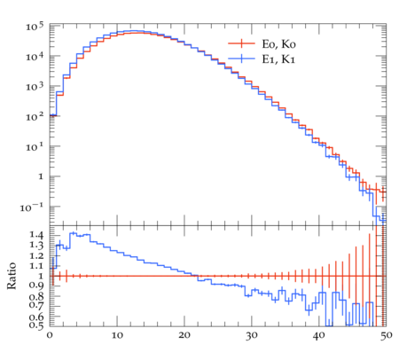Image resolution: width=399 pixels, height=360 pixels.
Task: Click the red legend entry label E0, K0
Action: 278,44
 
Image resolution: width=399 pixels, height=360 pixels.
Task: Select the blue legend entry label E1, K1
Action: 278,59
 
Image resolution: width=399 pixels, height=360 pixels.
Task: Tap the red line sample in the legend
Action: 241,43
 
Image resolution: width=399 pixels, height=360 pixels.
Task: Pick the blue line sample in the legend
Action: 241,59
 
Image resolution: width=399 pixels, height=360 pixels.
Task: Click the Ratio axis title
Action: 12,276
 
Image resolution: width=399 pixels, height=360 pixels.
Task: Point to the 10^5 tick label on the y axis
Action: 35,27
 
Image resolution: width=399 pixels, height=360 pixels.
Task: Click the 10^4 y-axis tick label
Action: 35,56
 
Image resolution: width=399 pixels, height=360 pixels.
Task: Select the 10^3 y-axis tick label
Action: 35,87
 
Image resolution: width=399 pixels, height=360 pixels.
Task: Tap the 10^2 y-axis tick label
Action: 35,117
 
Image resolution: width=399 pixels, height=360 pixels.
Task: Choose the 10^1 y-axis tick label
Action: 35,147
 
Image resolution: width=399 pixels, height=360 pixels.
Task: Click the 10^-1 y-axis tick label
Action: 32,207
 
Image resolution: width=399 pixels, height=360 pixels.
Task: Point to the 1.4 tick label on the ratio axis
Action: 36,235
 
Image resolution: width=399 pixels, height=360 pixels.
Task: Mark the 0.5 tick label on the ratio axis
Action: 36,325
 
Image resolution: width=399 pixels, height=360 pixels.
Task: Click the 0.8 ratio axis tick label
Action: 36,296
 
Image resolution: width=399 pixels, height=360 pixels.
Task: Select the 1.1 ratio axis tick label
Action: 36,266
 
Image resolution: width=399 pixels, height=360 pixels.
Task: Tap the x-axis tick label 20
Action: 184,335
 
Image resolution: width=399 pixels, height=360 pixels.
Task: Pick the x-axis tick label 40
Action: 319,335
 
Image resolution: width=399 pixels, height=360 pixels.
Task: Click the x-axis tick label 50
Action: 386,335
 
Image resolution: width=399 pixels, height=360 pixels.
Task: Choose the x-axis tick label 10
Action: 117,335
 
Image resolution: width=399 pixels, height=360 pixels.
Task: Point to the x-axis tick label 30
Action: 252,335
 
